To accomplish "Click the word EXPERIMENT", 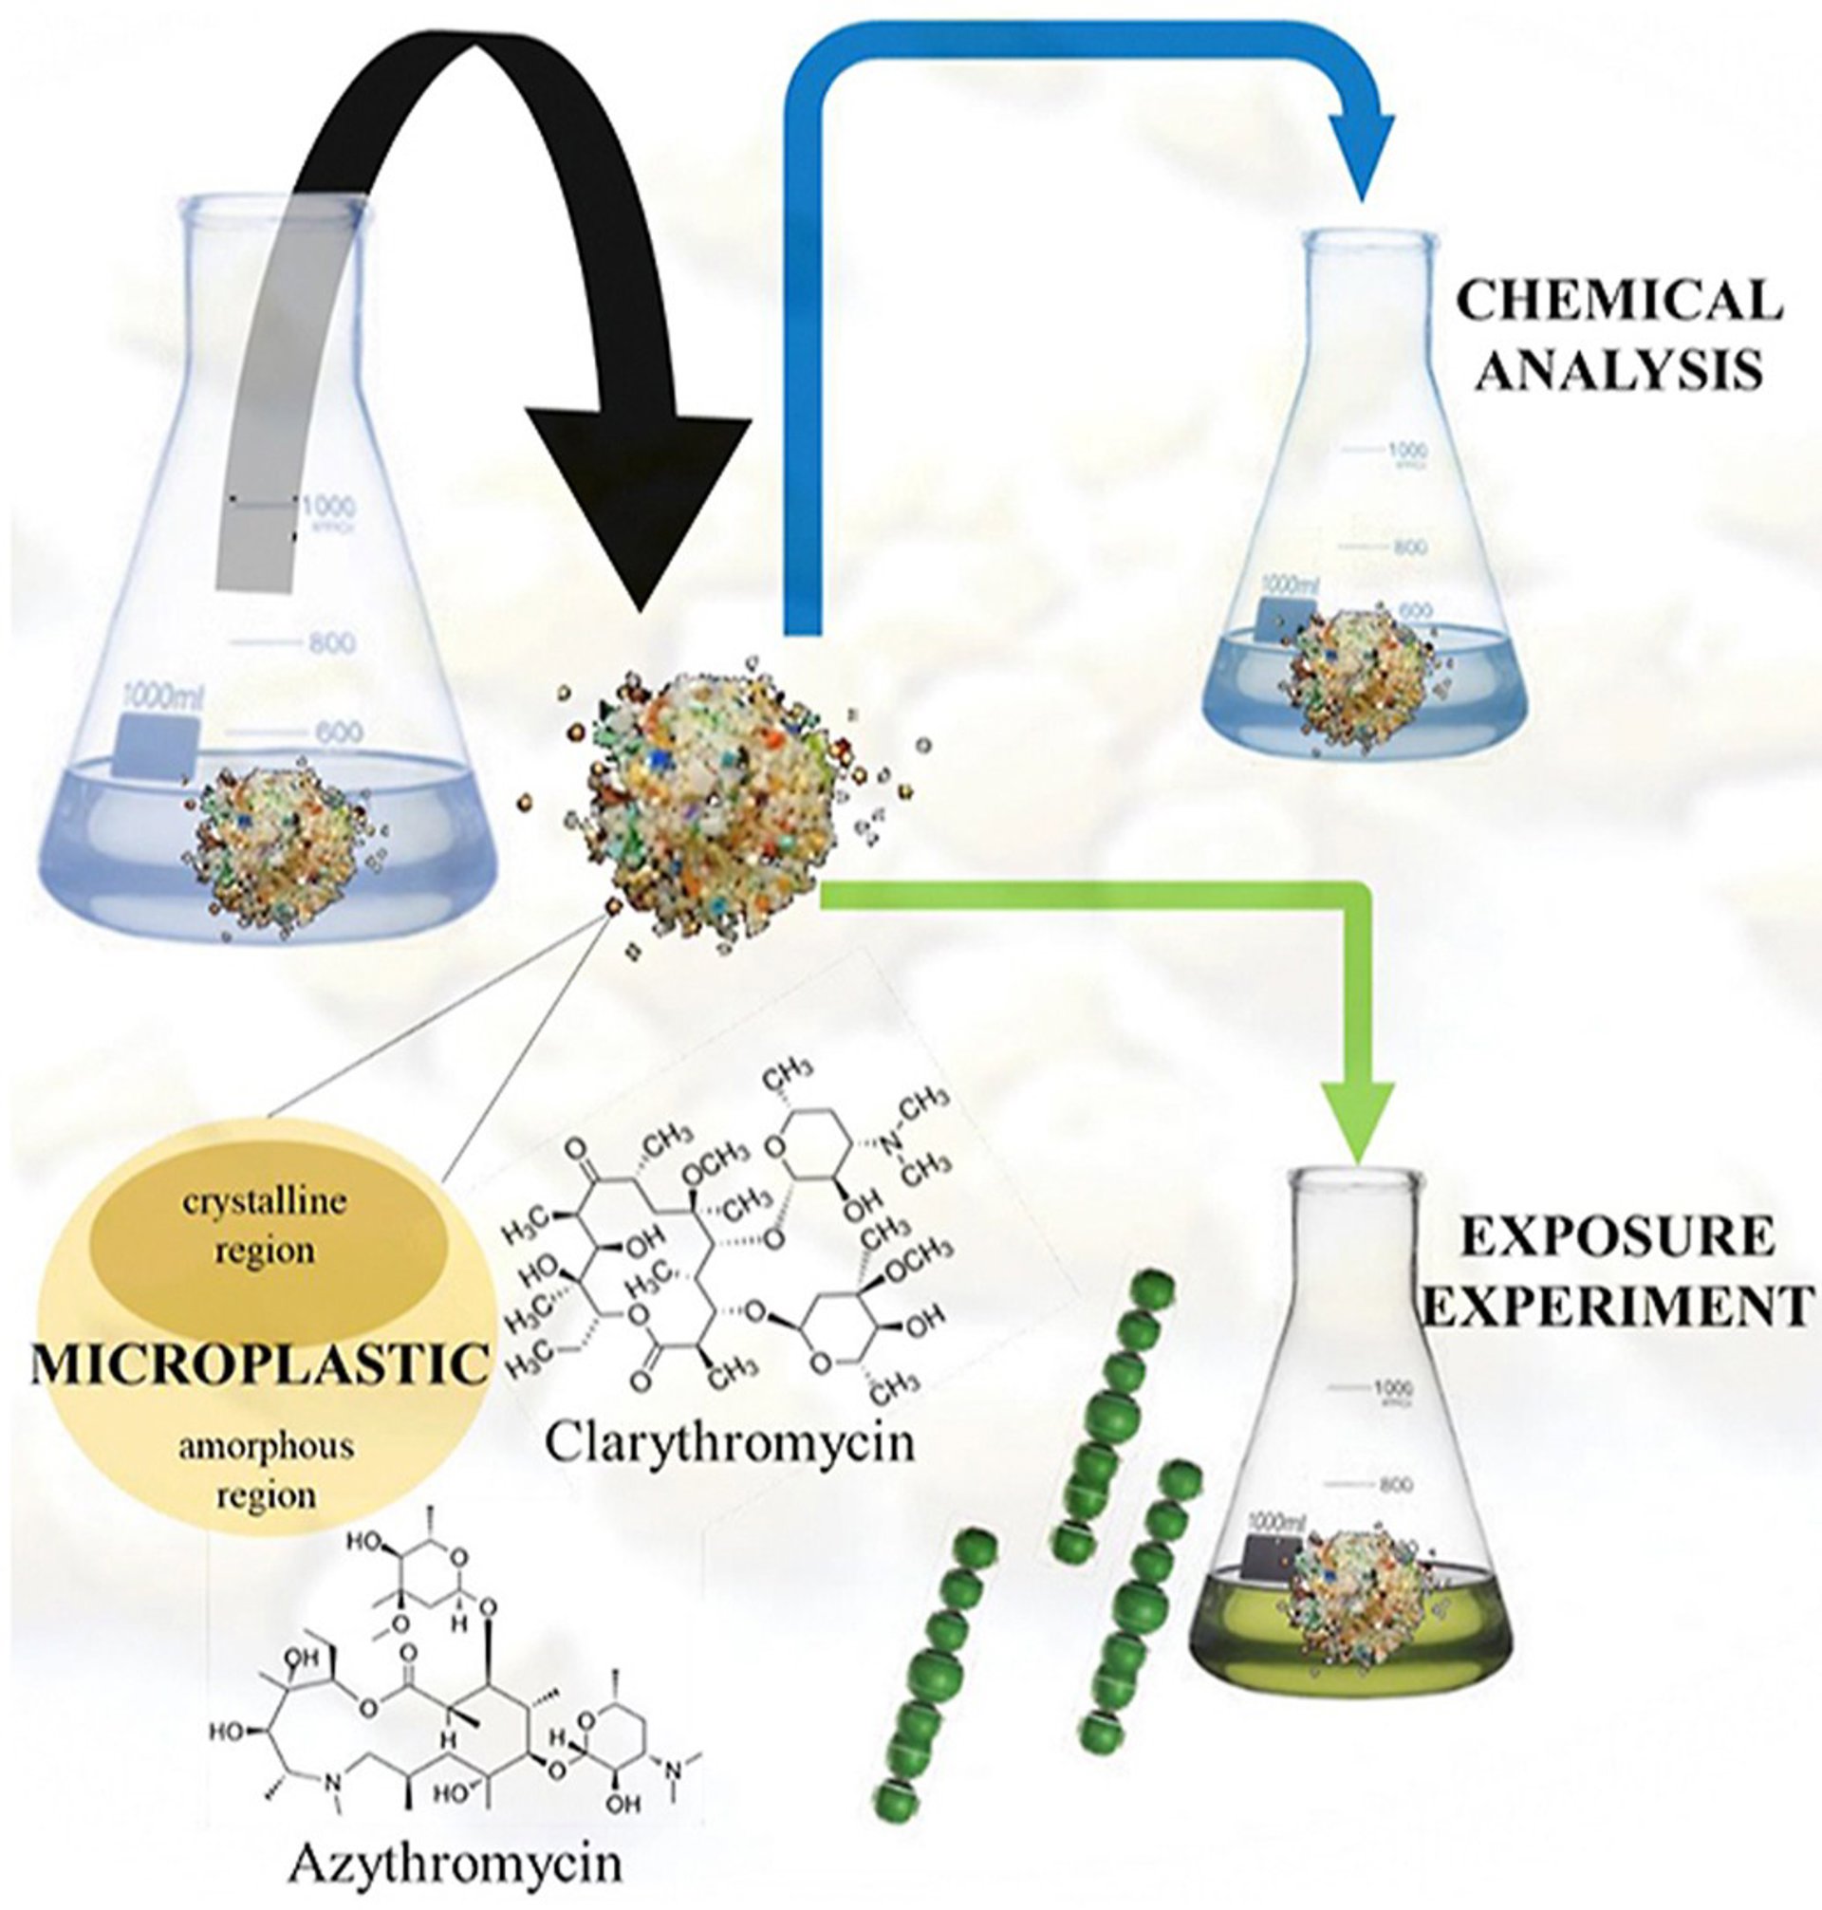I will coord(1617,1306).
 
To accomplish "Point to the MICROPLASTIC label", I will coord(258,1365).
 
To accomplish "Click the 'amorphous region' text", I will coord(265,1467).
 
